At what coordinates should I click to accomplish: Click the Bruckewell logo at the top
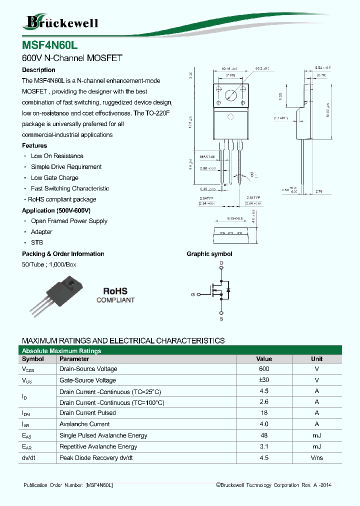60,22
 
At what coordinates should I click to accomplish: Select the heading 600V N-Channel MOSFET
72,58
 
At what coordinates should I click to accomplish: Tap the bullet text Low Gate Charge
54,178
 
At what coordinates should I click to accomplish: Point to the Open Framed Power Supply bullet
69,221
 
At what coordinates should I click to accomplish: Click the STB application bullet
37,242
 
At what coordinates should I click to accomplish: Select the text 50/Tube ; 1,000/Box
49,264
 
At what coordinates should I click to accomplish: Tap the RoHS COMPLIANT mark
115,295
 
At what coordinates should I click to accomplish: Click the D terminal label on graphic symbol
221,263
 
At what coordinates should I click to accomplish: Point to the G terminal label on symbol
192,294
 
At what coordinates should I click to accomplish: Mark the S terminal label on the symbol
221,318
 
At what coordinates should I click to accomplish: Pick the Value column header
264,359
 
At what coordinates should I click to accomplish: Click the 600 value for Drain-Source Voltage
264,369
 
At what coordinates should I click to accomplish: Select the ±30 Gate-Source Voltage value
264,380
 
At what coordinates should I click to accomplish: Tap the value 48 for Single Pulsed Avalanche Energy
264,435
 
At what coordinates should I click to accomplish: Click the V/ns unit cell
316,457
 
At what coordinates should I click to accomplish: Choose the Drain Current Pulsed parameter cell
87,413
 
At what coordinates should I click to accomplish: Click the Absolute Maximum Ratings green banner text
61,351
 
